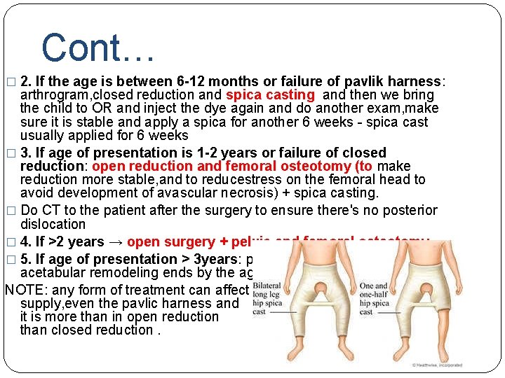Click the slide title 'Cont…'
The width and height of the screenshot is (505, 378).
tap(97, 48)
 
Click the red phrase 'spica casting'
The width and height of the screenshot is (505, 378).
tap(270, 94)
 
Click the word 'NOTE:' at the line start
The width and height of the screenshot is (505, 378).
tap(25, 290)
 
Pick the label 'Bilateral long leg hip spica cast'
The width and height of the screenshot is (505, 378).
tap(267, 299)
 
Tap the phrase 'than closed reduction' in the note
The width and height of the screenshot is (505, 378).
tap(88, 330)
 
